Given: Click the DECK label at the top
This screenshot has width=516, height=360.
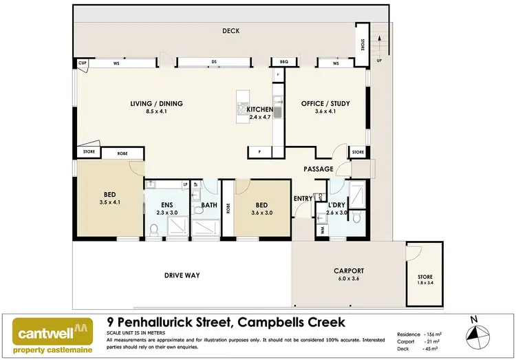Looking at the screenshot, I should [230, 31].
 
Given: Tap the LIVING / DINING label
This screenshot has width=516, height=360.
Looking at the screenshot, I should [156, 104].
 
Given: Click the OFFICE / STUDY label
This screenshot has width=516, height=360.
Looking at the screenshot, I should [325, 104].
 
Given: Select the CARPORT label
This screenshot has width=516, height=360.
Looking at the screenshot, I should [348, 271].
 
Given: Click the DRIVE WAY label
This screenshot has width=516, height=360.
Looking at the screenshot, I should [182, 275].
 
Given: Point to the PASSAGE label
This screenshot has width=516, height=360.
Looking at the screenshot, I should [319, 169].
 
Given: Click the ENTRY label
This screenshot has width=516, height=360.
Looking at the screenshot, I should [303, 198].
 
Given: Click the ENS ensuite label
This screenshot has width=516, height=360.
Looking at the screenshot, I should [167, 205].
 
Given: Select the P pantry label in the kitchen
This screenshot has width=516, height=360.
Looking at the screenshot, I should [259, 151].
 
